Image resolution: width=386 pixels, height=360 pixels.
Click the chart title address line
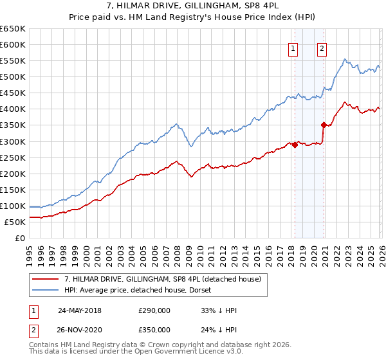click(x=193, y=6)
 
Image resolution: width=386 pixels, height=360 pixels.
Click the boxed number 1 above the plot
click(x=293, y=47)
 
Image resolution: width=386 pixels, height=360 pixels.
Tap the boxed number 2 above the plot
click(x=322, y=47)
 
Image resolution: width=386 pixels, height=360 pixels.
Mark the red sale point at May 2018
click(x=295, y=145)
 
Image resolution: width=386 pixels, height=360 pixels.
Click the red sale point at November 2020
click(x=324, y=125)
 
